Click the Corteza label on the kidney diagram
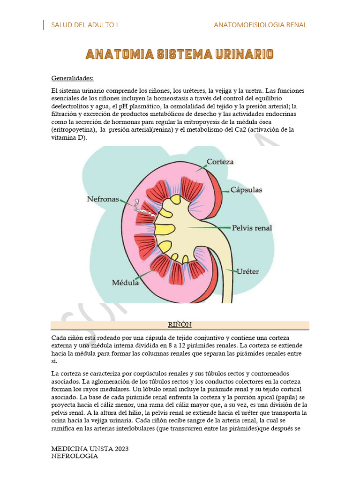(x=220, y=162)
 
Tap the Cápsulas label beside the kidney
(x=246, y=190)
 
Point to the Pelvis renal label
(x=252, y=228)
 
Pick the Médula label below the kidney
(x=125, y=283)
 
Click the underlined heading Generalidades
(x=72, y=78)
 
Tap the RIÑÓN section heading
(x=180, y=325)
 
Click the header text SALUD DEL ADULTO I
(x=84, y=25)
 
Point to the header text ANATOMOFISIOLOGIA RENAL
(x=260, y=25)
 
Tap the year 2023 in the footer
(x=120, y=449)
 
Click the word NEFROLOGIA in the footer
(x=75, y=456)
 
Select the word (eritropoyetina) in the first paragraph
(x=73, y=130)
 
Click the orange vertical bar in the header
(x=44, y=25)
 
